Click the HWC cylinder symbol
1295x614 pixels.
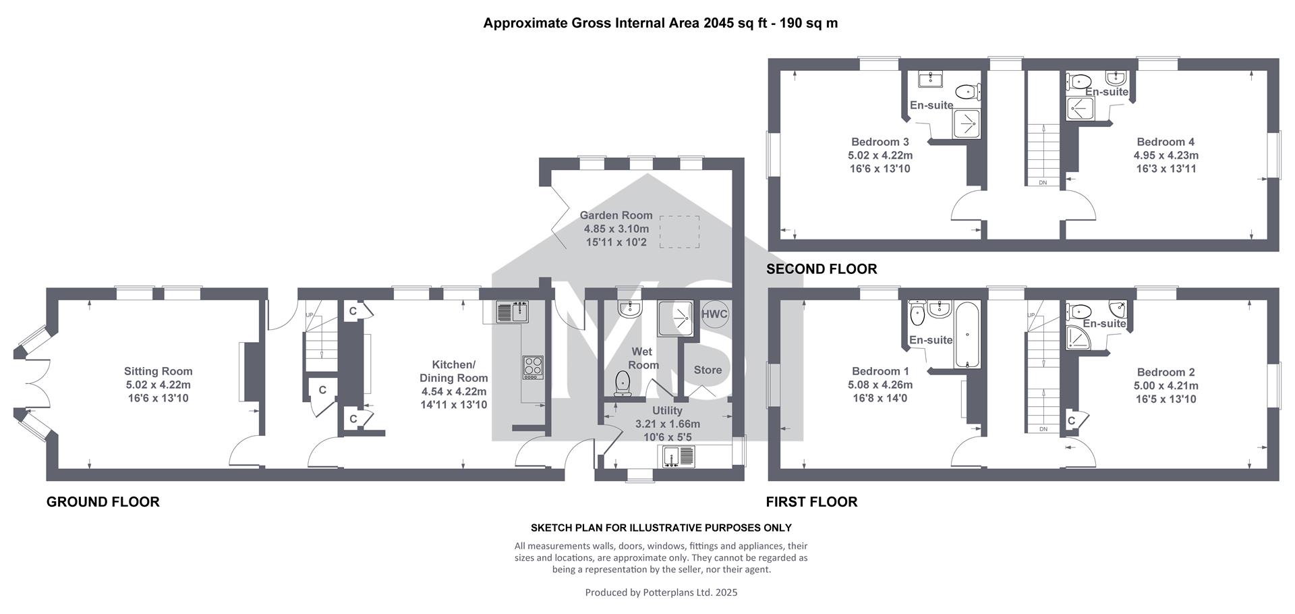click(x=715, y=314)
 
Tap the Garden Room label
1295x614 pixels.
click(x=616, y=215)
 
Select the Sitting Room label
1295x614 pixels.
click(x=159, y=371)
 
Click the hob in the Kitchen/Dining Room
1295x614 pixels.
click(x=533, y=368)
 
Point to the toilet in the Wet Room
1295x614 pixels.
click(x=621, y=383)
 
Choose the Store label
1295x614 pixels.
click(x=708, y=370)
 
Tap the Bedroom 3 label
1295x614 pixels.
click(x=880, y=142)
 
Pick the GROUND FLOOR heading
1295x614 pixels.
click(x=103, y=502)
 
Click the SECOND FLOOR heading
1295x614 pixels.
click(x=822, y=269)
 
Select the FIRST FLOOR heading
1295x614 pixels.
click(x=811, y=502)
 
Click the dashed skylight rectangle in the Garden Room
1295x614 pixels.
click(x=679, y=231)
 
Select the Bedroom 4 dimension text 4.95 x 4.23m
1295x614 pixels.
click(x=1165, y=155)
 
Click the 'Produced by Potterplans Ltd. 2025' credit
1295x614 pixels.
click(x=661, y=592)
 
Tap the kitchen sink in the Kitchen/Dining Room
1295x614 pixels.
click(x=512, y=312)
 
